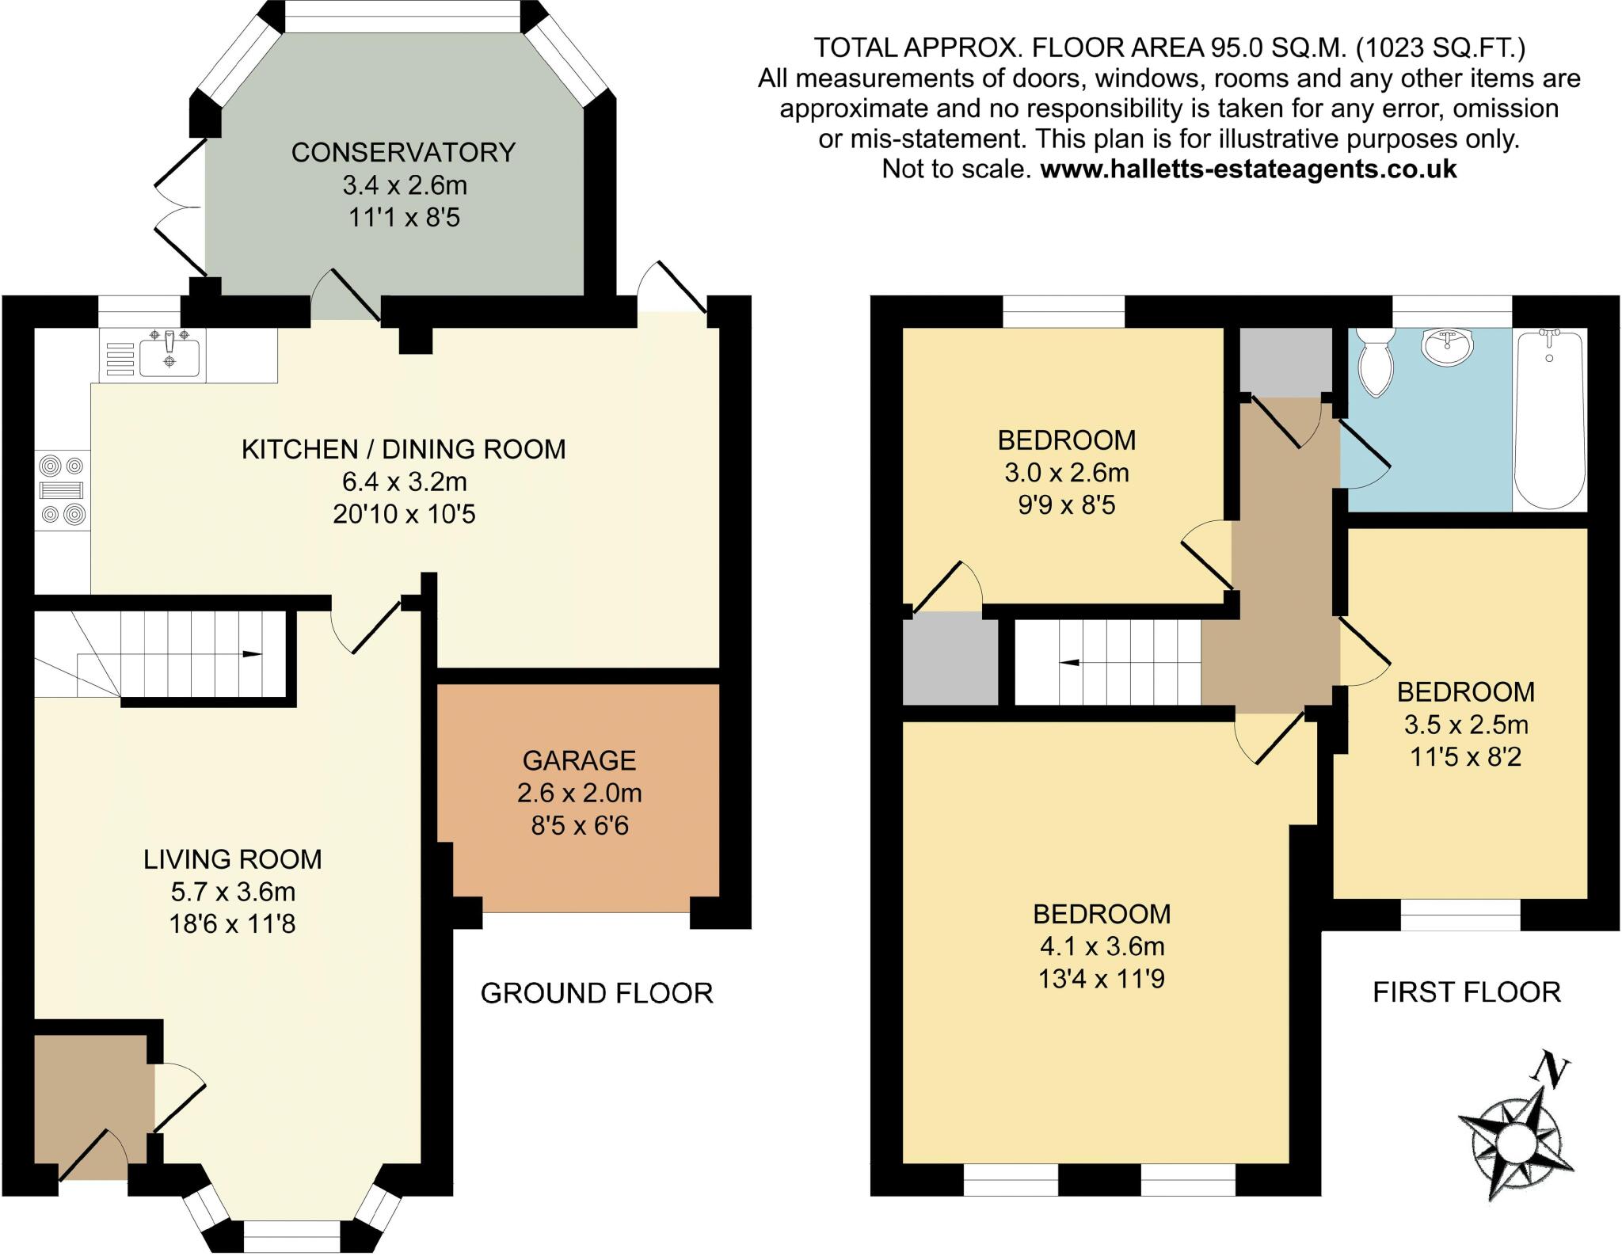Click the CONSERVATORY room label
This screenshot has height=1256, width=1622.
pyautogui.click(x=403, y=152)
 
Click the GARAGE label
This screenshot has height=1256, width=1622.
pyautogui.click(x=579, y=760)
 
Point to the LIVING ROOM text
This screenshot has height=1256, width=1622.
pyautogui.click(x=233, y=859)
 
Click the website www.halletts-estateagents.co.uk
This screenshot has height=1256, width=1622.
pyautogui.click(x=1248, y=169)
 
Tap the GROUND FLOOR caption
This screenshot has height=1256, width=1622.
pyautogui.click(x=597, y=992)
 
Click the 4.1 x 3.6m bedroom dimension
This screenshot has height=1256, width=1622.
pyautogui.click(x=1102, y=946)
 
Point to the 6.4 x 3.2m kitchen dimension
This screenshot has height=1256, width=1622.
pyautogui.click(x=404, y=481)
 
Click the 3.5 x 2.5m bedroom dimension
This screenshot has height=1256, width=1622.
pyautogui.click(x=1466, y=725)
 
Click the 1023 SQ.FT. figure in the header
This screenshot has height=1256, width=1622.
pyautogui.click(x=1441, y=48)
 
